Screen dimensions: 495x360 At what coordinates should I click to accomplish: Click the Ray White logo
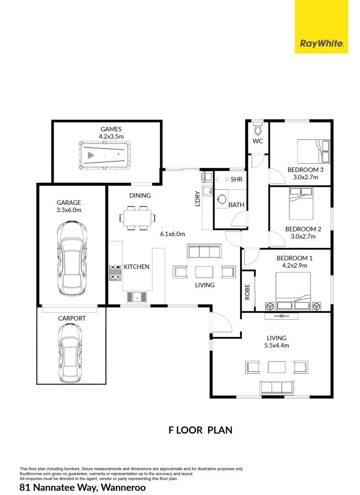[321, 44]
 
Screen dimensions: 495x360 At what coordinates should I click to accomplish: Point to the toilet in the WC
[257, 126]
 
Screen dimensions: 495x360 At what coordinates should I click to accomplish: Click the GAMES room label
[111, 129]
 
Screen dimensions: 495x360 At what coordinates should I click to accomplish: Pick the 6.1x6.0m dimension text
[172, 234]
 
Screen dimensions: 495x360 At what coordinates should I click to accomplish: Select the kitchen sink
[137, 297]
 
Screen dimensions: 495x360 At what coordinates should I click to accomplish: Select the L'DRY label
[198, 198]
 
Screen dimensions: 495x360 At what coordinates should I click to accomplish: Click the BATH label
[236, 205]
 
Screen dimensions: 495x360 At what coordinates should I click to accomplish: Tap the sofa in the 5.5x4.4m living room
[276, 387]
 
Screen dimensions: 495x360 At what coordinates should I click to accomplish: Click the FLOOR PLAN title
[201, 430]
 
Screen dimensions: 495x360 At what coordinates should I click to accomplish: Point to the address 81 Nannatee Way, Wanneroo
[83, 487]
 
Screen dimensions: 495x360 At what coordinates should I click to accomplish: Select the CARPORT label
[71, 318]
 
